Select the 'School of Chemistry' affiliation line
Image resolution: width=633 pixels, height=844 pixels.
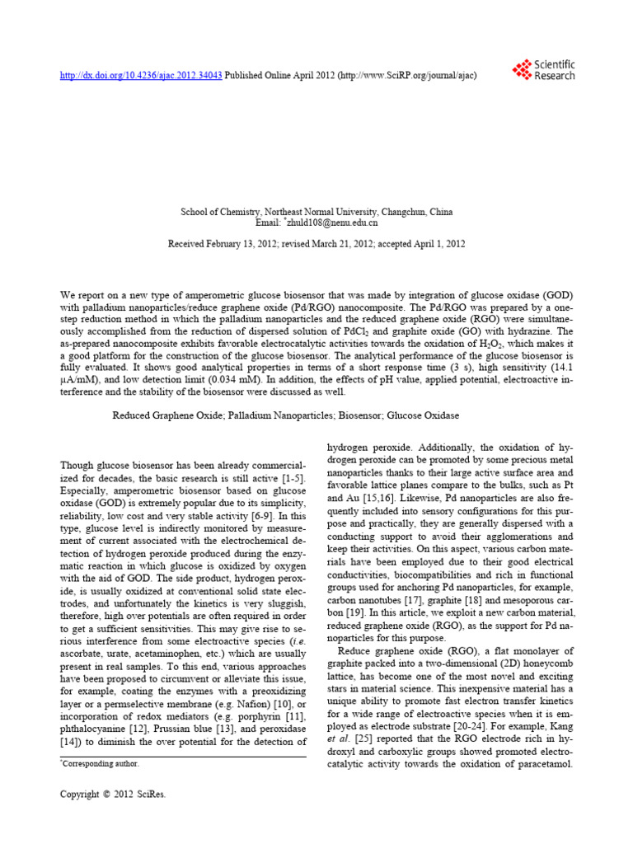pyautogui.click(x=316, y=212)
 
